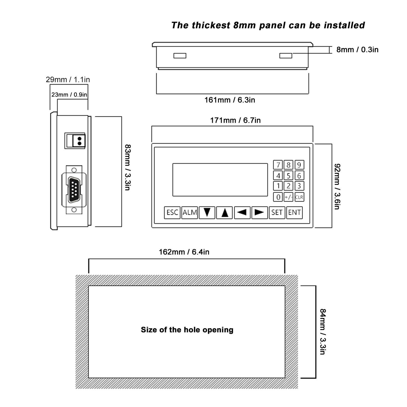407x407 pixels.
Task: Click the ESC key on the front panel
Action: click(x=172, y=212)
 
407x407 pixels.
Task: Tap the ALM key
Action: click(x=190, y=212)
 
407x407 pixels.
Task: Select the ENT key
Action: click(x=295, y=212)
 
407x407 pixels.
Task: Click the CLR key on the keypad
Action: click(x=299, y=197)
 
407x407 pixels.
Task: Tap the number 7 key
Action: click(x=278, y=165)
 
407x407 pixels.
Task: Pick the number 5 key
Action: click(x=288, y=176)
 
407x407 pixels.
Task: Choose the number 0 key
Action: click(x=278, y=197)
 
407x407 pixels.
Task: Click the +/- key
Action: click(x=288, y=197)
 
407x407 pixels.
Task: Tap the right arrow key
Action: click(x=259, y=212)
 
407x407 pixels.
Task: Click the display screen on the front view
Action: click(x=220, y=180)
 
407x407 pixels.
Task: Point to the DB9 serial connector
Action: click(x=74, y=190)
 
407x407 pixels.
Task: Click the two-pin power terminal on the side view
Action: click(x=75, y=141)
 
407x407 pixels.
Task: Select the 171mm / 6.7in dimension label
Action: click(x=235, y=120)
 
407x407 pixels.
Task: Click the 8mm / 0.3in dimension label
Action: click(x=357, y=50)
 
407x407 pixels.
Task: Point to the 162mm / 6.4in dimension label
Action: click(x=184, y=252)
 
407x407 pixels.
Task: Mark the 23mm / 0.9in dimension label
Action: click(x=69, y=95)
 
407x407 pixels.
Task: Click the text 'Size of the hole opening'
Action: click(x=187, y=330)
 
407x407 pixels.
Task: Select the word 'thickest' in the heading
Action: click(x=211, y=25)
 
